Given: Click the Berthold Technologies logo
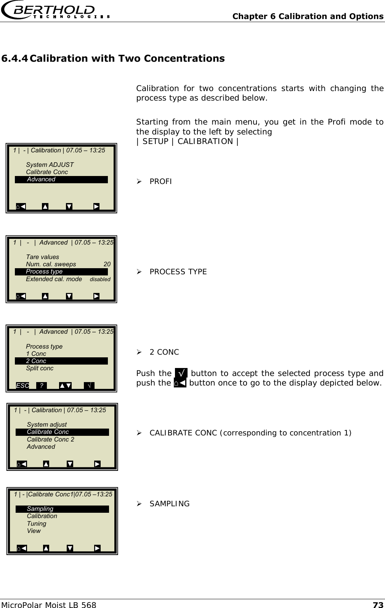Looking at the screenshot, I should (56, 11).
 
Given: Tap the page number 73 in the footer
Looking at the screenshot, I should (378, 605).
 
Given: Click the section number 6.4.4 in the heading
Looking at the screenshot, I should (14, 59).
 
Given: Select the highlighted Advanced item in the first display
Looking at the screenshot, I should (61, 179).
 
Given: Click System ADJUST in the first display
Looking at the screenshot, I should (50, 165).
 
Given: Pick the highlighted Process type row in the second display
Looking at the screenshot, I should (61, 272).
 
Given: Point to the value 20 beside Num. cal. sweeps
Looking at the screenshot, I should (107, 264).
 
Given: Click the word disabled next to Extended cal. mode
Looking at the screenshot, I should (100, 279).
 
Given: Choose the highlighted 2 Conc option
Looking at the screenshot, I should (61, 361).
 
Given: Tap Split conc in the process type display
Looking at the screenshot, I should (40, 368).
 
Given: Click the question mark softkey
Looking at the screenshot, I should (41, 386).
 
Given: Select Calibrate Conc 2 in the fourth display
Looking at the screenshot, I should (50, 439).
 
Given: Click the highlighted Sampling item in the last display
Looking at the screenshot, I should (62, 509).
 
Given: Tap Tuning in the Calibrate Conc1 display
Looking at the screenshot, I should (37, 523).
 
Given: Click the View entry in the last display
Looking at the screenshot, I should (34, 531).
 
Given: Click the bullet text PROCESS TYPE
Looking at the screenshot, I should (178, 272).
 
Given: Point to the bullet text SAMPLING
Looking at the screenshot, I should (169, 504).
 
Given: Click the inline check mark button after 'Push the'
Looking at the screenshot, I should (181, 373).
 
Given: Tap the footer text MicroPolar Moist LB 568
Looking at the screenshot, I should (48, 605).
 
